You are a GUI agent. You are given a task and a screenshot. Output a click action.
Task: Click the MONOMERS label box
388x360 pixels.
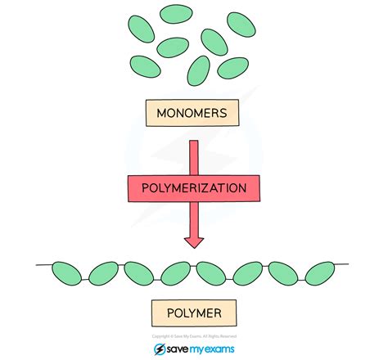pos(194,113)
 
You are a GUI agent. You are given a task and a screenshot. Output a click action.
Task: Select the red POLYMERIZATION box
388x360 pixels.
pos(194,187)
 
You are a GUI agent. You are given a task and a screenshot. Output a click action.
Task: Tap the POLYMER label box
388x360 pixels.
pos(194,312)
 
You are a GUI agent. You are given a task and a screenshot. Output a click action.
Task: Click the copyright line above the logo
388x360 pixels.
pos(194,335)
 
